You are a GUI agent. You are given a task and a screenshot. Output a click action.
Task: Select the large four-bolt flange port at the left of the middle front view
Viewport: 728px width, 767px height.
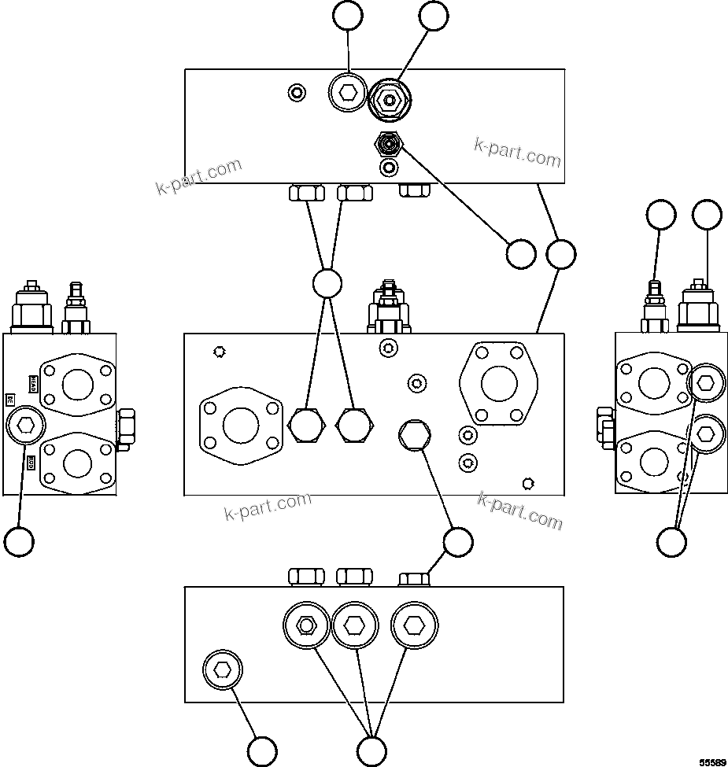pos(240,426)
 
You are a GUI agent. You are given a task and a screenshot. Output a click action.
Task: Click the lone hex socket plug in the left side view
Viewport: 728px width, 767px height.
pos(25,426)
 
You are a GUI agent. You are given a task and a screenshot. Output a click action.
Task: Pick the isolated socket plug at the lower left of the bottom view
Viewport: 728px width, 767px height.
pos(223,670)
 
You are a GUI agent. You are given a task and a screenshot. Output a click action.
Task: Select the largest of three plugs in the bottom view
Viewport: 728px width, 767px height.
pos(413,625)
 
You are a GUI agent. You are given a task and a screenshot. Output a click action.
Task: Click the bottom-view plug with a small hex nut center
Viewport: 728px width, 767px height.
pos(305,625)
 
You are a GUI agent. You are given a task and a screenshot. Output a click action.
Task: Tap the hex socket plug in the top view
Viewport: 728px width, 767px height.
pos(347,94)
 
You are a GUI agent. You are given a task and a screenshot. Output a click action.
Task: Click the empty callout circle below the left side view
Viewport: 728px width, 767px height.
pos(19,541)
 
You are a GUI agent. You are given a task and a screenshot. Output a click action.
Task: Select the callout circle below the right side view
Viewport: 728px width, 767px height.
pos(671,541)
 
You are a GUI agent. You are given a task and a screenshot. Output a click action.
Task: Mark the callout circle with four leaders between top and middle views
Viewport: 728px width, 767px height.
pos(327,283)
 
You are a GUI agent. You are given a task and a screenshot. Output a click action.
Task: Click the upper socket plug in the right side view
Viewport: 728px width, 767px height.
pos(705,383)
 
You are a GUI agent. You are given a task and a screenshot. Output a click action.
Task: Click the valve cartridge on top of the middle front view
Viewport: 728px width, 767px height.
pos(387,307)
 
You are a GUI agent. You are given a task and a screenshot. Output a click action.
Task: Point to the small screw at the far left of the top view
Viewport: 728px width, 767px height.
pos(296,93)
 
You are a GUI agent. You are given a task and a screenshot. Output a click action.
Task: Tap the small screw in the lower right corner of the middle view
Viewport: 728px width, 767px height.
pos(529,483)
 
